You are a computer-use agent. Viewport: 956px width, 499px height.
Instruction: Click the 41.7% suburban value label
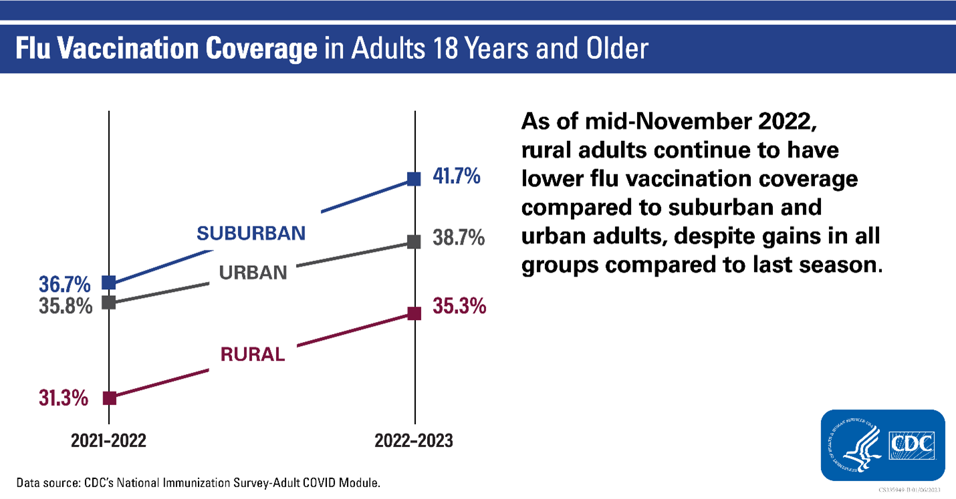(x=456, y=178)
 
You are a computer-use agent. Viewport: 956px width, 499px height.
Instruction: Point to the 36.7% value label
(x=66, y=285)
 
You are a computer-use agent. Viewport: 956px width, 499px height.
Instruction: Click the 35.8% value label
(x=66, y=308)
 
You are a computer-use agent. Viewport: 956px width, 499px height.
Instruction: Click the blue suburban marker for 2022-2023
(x=414, y=179)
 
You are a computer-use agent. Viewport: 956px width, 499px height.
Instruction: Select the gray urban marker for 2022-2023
(x=414, y=242)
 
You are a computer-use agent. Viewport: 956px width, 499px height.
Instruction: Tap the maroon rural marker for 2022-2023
(x=414, y=313)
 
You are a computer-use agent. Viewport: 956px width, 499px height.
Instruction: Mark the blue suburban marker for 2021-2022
(x=109, y=283)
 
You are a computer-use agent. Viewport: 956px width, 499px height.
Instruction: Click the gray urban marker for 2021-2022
(x=109, y=303)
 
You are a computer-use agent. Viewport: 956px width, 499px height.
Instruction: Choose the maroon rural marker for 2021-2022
(x=109, y=398)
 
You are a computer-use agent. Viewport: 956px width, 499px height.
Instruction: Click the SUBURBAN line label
(x=251, y=232)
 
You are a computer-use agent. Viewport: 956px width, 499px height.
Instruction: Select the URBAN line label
(x=253, y=273)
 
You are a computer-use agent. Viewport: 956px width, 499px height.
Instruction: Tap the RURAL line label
(x=253, y=354)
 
